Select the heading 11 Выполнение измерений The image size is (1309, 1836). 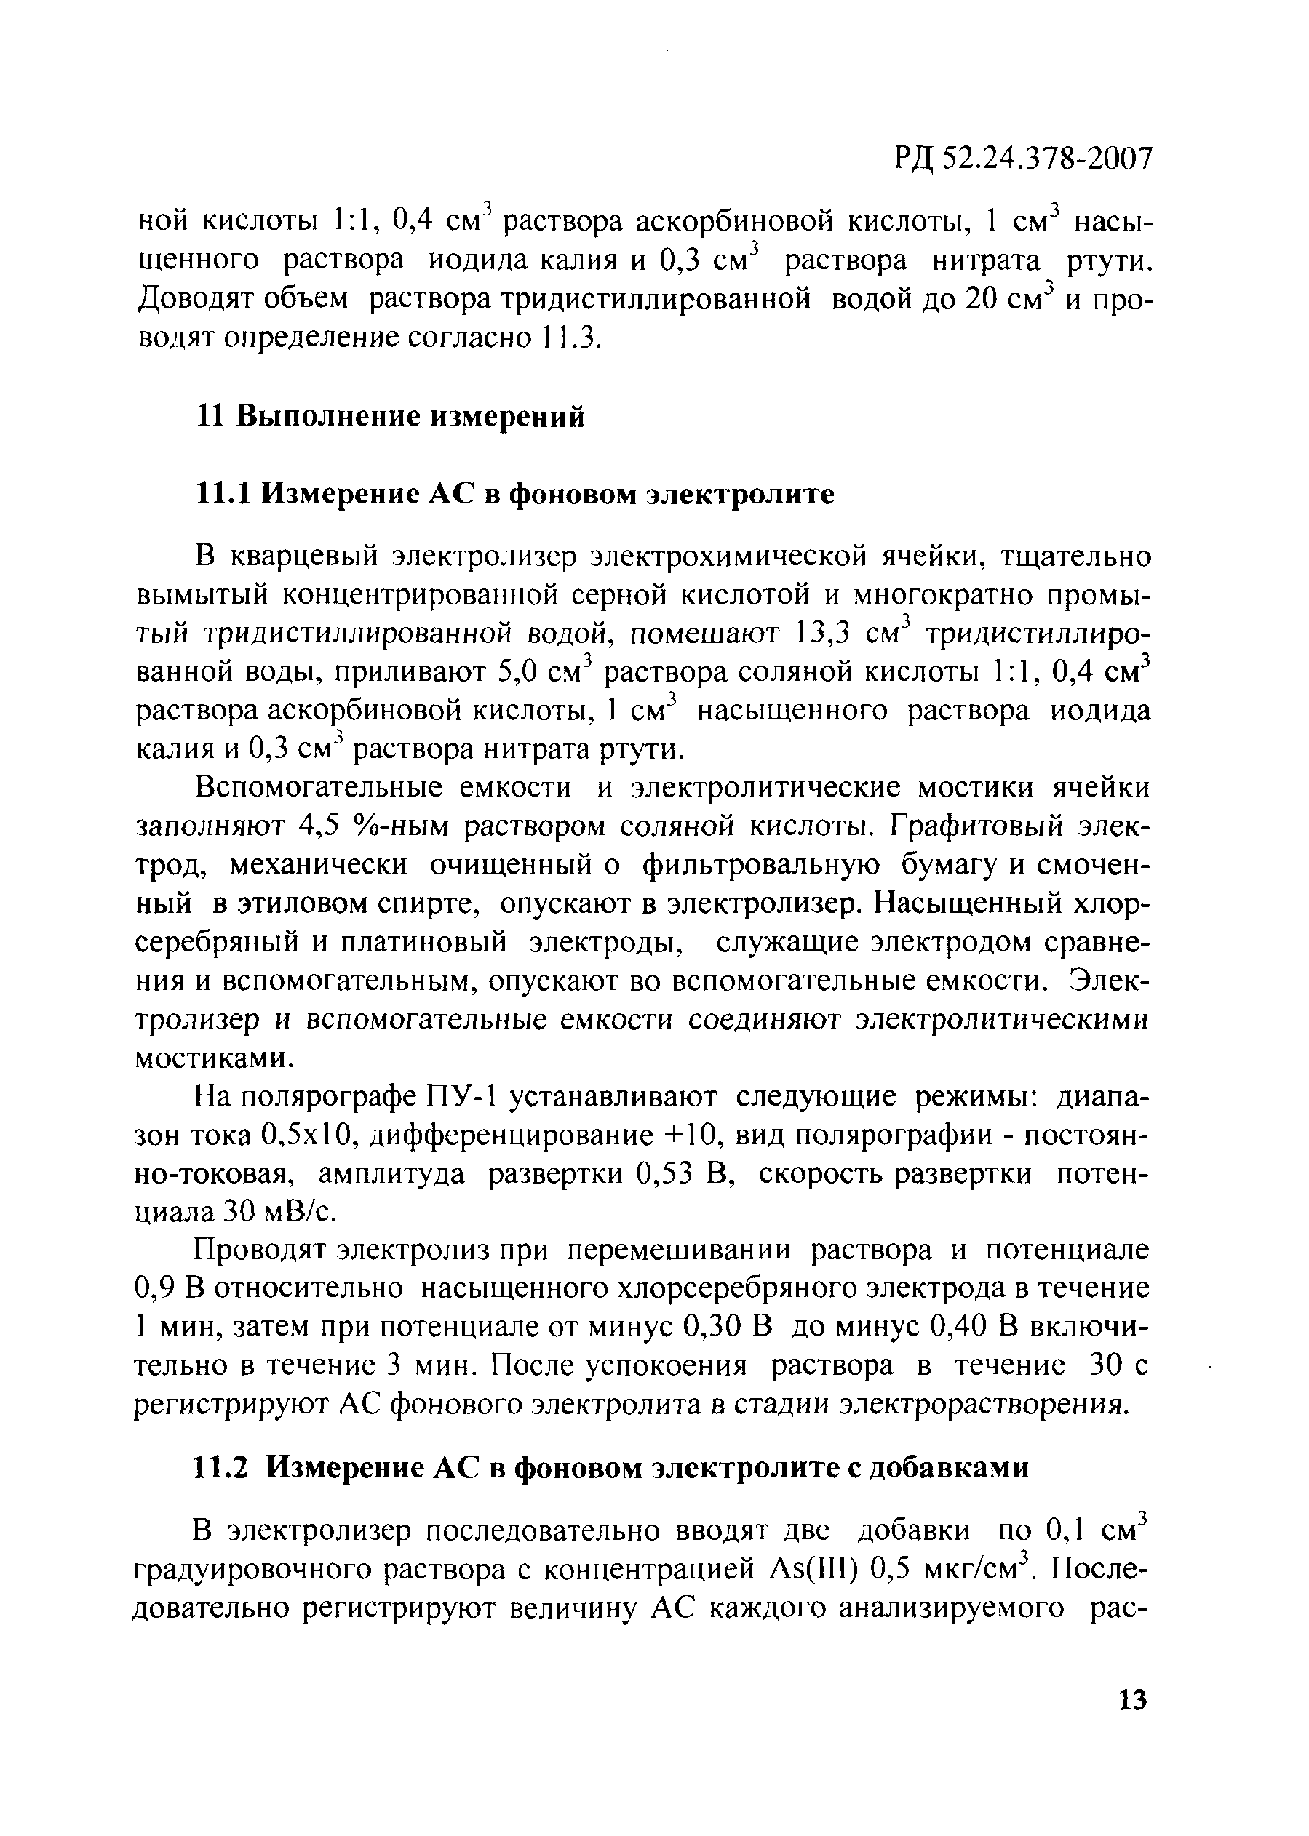391,418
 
